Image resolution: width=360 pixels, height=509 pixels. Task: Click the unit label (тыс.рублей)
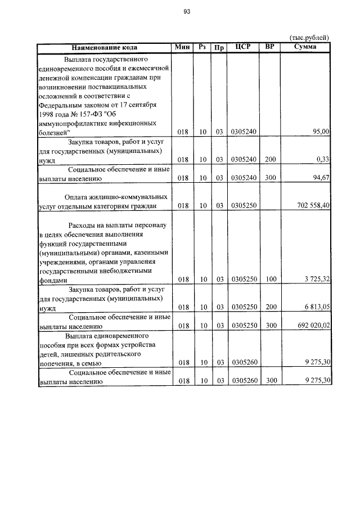pyautogui.click(x=309, y=38)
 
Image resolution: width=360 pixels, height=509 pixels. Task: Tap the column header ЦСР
pyautogui.click(x=243, y=47)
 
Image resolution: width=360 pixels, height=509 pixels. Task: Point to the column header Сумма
pyautogui.click(x=305, y=47)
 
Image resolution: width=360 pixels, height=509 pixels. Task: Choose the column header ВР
pyautogui.click(x=270, y=47)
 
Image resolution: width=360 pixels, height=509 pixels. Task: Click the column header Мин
pyautogui.click(x=183, y=47)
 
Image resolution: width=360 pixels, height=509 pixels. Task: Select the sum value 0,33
pyautogui.click(x=323, y=160)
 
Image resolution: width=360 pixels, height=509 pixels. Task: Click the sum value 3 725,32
pyautogui.click(x=317, y=279)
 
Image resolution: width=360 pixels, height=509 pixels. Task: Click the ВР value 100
pyautogui.click(x=271, y=279)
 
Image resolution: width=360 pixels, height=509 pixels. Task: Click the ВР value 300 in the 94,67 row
pyautogui.click(x=271, y=179)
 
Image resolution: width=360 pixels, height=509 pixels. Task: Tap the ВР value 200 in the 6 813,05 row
pyautogui.click(x=271, y=307)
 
